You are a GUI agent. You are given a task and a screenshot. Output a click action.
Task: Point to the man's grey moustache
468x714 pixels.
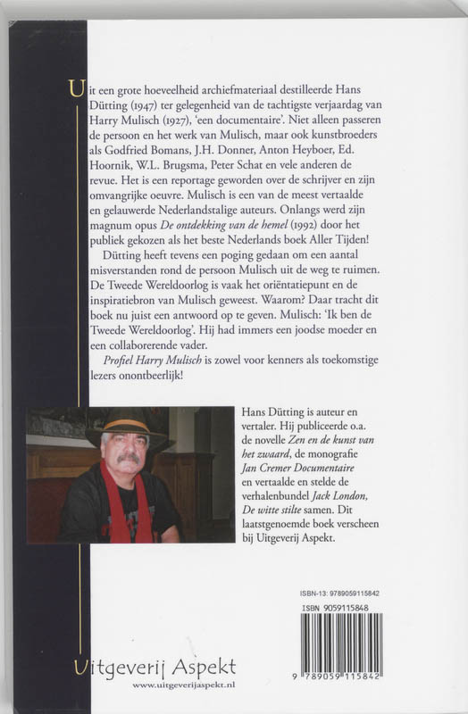pos(129,460)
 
